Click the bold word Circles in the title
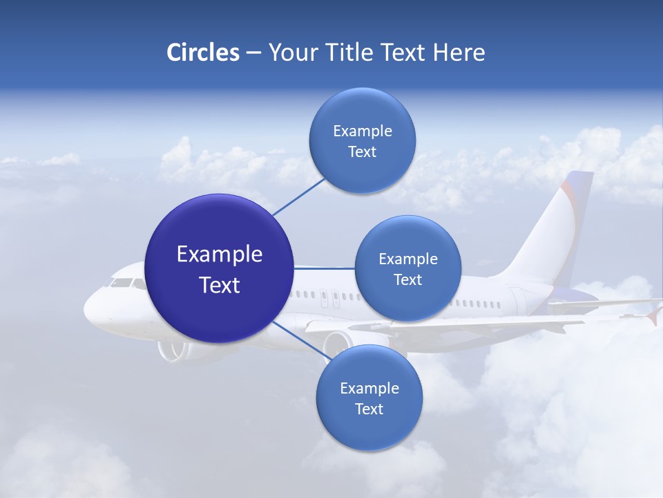pyautogui.click(x=203, y=53)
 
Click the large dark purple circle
pyautogui.click(x=220, y=268)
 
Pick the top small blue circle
pyautogui.click(x=362, y=140)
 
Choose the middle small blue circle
pyautogui.click(x=407, y=268)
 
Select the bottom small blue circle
pyautogui.click(x=369, y=398)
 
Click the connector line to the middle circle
pyautogui.click(x=325, y=268)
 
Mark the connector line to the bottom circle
pyautogui.click(x=300, y=339)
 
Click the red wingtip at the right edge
pyautogui.click(x=653, y=317)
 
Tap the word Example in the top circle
pyautogui.click(x=362, y=131)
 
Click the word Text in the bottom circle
pyautogui.click(x=369, y=409)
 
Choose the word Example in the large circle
pyautogui.click(x=220, y=255)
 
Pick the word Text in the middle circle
pyautogui.click(x=407, y=279)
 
